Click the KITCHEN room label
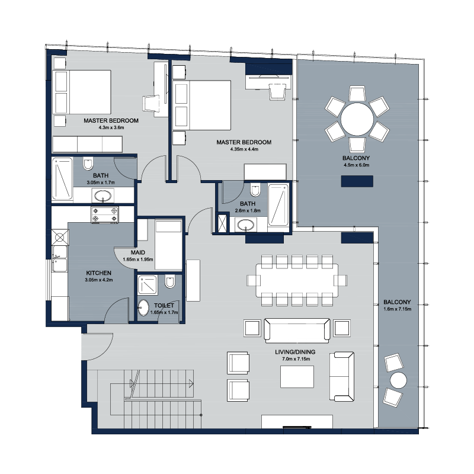pyautogui.click(x=98, y=273)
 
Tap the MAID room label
pyautogui.click(x=138, y=252)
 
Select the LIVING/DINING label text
pyautogui.click(x=295, y=352)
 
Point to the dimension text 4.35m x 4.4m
pyautogui.click(x=244, y=149)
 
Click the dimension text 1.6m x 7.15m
pyautogui.click(x=397, y=309)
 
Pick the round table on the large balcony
pyautogui.click(x=357, y=119)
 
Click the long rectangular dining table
pyautogui.click(x=297, y=280)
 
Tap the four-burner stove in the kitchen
pyautogui.click(x=105, y=214)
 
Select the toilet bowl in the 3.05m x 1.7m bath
pyautogui.click(x=88, y=164)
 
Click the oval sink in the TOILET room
pyautogui.click(x=143, y=308)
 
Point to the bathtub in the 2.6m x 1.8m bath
pyautogui.click(x=278, y=204)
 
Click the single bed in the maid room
pyautogui.click(x=168, y=245)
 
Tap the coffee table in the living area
pyautogui.click(x=297, y=377)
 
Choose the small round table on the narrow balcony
pyautogui.click(x=398, y=380)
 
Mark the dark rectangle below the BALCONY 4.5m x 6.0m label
pyautogui.click(x=357, y=181)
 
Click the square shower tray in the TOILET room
pyautogui.click(x=148, y=285)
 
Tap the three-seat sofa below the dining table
pyautogui.click(x=297, y=331)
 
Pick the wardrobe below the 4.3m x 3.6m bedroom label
pyautogui.click(x=87, y=144)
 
